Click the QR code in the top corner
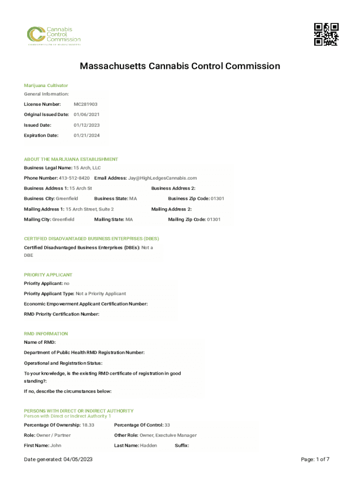click(326, 34)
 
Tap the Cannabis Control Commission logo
click(53, 36)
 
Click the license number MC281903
click(86, 104)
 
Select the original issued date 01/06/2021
click(86, 115)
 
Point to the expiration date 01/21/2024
click(86, 136)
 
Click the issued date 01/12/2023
click(86, 125)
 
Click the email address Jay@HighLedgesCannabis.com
click(163, 178)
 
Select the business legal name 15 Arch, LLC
click(87, 168)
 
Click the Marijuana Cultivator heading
click(46, 86)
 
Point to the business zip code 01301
click(217, 199)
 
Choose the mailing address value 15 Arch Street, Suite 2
click(90, 209)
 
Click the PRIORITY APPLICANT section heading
click(48, 275)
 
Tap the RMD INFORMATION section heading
click(46, 334)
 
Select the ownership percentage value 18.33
click(88, 425)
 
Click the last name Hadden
click(149, 446)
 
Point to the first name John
click(56, 446)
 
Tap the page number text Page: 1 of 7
click(316, 460)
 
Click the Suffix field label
click(182, 446)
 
